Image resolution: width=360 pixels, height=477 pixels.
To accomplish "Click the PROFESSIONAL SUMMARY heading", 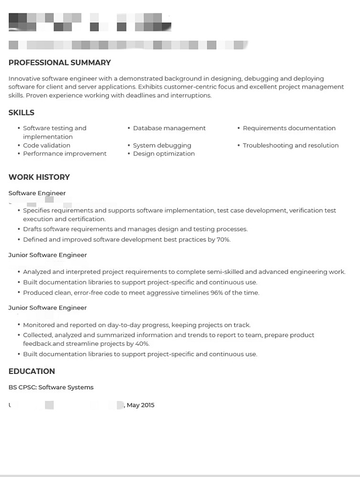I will [x=60, y=62].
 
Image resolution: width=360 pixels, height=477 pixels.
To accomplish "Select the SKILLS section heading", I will [x=21, y=113].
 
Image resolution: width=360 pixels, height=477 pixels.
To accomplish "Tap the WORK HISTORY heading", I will [x=39, y=177].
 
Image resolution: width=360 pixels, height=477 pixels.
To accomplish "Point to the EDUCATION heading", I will [x=32, y=371].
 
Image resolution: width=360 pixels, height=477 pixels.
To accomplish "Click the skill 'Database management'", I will [x=169, y=128].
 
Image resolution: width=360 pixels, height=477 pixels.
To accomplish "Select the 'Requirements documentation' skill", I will [x=289, y=128].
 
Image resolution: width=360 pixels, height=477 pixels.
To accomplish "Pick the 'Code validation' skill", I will [x=46, y=145].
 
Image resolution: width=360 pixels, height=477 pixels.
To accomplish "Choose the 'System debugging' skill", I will [x=162, y=145].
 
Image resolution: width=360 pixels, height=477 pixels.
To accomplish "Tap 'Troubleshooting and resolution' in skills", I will [x=290, y=145].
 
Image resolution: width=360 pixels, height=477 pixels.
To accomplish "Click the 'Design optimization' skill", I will [x=164, y=154].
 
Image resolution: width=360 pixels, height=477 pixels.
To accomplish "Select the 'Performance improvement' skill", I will [x=64, y=154].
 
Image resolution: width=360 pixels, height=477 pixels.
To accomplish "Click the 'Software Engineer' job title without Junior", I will [x=37, y=193].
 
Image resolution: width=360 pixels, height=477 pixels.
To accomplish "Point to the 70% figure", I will [x=223, y=239].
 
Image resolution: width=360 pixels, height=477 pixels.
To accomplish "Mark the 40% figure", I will [x=142, y=343].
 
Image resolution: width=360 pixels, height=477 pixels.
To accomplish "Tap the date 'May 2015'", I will [x=140, y=405].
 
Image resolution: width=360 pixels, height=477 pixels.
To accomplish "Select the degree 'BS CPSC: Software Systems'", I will [x=51, y=387].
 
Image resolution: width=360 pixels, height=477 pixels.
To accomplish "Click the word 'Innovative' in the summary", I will [x=24, y=79].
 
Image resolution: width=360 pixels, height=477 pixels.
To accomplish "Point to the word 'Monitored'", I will [x=39, y=325].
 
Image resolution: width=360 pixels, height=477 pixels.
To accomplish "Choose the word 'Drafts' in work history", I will [x=32, y=229].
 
